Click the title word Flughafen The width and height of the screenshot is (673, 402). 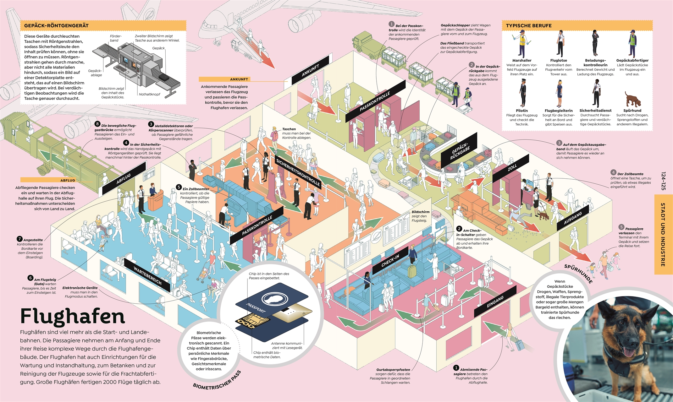click(73, 316)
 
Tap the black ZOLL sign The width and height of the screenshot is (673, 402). click(512, 168)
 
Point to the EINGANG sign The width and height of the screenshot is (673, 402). click(495, 301)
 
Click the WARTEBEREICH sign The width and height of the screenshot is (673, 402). click(147, 275)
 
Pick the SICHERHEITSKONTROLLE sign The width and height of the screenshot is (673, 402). click(298, 172)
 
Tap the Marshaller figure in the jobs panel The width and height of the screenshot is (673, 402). click(522, 44)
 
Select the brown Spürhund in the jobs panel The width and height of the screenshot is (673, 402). click(632, 100)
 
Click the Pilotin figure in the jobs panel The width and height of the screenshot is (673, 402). click(522, 93)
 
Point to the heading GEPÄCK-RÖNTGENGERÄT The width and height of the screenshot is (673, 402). click(56, 26)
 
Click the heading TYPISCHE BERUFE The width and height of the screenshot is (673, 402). click(529, 26)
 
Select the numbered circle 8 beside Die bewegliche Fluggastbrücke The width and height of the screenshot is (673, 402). click(97, 124)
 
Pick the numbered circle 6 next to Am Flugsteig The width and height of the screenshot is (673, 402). click(30, 278)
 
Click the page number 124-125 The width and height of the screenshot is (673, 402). click(663, 181)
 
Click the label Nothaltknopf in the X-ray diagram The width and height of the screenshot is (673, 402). click(149, 94)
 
